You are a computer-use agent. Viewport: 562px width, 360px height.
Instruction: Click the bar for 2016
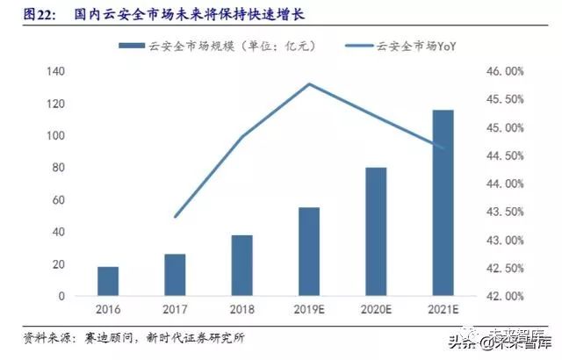(108, 281)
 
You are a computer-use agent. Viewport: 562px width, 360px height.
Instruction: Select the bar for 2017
(175, 275)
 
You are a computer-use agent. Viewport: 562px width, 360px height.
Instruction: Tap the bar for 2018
(242, 266)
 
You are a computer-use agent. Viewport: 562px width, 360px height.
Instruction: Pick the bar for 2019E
(309, 252)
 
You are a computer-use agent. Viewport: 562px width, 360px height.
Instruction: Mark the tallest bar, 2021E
(443, 203)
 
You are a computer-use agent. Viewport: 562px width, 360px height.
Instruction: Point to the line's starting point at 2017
(175, 217)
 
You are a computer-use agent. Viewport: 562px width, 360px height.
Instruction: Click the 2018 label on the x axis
(242, 309)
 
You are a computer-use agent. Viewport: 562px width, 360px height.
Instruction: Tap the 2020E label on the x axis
(376, 309)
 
